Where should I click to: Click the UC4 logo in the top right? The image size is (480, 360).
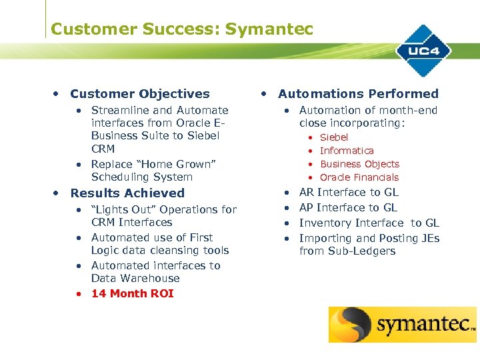pyautogui.click(x=424, y=51)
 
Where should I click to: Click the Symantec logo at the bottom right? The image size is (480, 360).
pyautogui.click(x=402, y=325)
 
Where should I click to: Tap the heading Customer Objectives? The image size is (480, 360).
pyautogui.click(x=140, y=94)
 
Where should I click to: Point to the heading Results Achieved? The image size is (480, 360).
pyautogui.click(x=127, y=193)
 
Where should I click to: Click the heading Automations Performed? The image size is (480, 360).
pyautogui.click(x=358, y=94)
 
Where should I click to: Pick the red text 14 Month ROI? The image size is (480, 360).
pyautogui.click(x=132, y=293)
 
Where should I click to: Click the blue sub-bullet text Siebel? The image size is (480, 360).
pyautogui.click(x=334, y=137)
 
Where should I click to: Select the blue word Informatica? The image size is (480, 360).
pyautogui.click(x=347, y=151)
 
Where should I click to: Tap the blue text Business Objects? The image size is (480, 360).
pyautogui.click(x=359, y=164)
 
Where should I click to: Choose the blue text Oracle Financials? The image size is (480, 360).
pyautogui.click(x=359, y=177)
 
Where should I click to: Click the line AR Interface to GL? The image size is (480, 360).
pyautogui.click(x=349, y=192)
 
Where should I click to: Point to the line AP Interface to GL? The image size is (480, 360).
pyautogui.click(x=348, y=207)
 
